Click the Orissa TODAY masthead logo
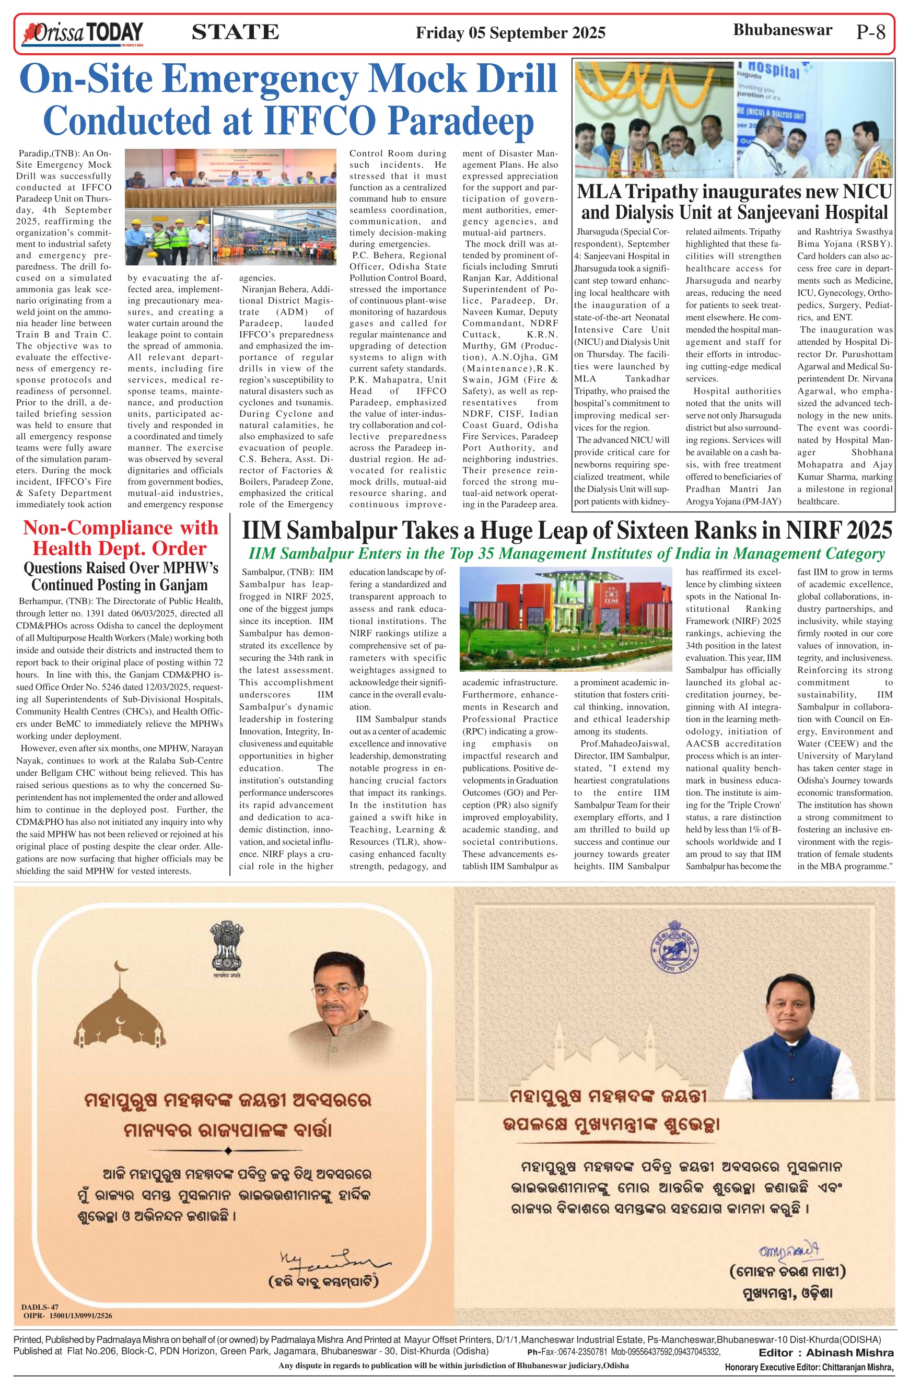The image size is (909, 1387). (x=82, y=33)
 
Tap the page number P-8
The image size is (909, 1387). (x=870, y=32)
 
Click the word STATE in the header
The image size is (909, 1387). (x=235, y=32)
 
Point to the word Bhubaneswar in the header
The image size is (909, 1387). (x=782, y=30)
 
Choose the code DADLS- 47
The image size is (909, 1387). (x=40, y=1307)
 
